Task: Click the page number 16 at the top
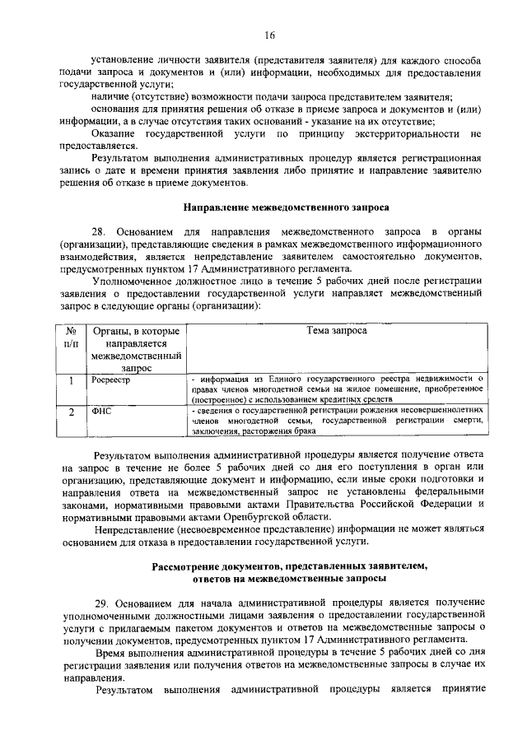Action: click(x=269, y=35)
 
